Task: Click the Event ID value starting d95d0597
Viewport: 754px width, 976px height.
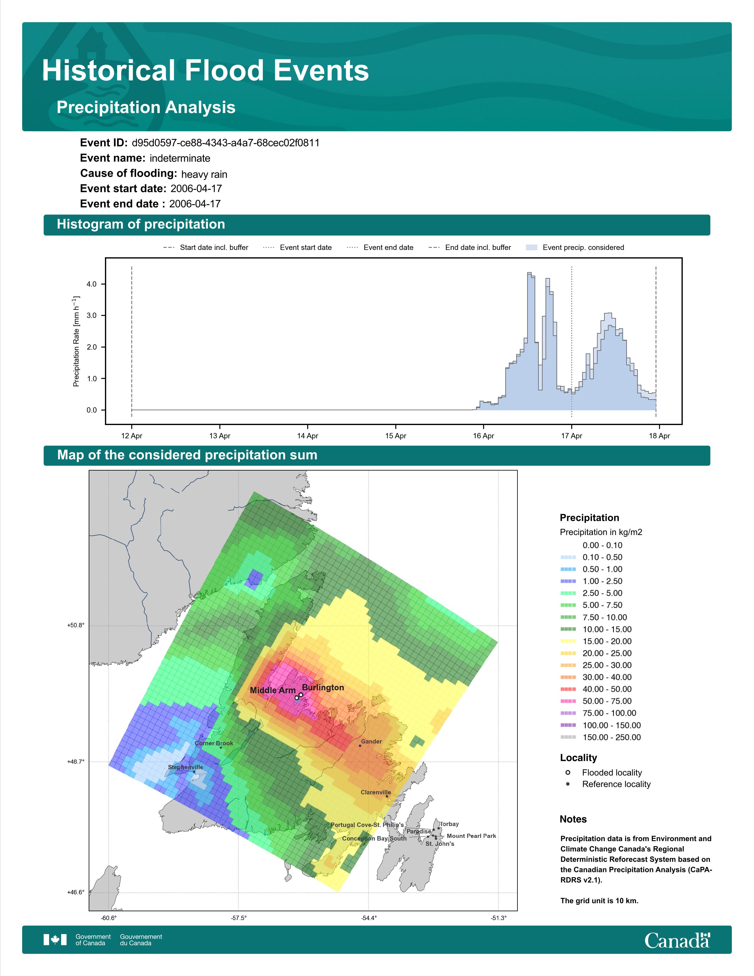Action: click(226, 143)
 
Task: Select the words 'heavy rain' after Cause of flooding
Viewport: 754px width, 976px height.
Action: click(204, 174)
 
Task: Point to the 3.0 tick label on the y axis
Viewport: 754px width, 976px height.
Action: click(92, 316)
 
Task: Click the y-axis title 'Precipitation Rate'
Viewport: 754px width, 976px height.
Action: click(76, 341)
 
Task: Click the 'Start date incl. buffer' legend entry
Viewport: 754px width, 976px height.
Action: click(206, 248)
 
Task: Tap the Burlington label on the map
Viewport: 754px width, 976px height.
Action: click(323, 688)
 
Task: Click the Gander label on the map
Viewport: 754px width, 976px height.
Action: click(371, 741)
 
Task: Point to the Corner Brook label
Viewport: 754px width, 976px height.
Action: click(214, 743)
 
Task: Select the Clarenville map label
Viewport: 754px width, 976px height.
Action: click(376, 792)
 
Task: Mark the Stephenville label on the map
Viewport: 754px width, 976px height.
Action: click(185, 767)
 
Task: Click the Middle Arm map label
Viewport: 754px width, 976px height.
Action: click(273, 690)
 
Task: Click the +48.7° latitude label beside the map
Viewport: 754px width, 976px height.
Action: click(75, 762)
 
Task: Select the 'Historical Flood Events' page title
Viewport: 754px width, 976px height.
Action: click(206, 71)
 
